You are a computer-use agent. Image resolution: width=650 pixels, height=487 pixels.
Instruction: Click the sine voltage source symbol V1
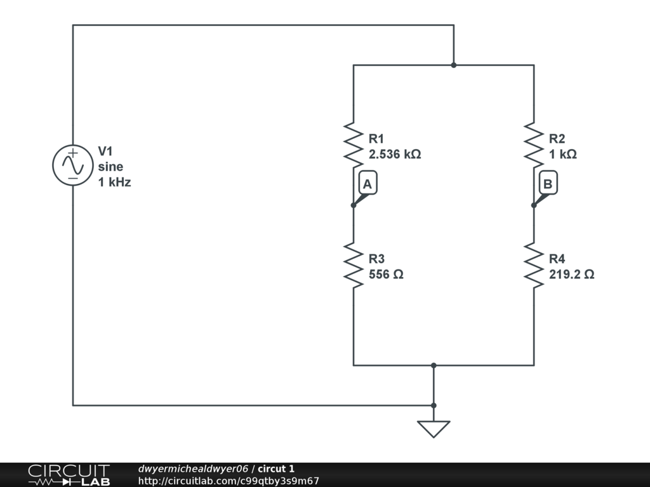click(73, 166)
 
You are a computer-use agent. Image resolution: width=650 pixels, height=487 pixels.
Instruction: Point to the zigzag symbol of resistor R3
click(353, 265)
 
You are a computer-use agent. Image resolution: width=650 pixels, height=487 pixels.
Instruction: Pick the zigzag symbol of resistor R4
click(534, 265)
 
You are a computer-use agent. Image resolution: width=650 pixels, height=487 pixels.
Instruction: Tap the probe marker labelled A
click(368, 183)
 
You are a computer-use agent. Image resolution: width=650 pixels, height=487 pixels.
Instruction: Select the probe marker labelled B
click(548, 183)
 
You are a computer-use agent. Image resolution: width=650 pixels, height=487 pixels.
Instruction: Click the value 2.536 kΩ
click(395, 155)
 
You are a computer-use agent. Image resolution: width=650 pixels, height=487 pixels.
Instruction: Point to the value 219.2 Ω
click(572, 275)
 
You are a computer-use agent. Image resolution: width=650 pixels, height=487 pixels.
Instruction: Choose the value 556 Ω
click(386, 275)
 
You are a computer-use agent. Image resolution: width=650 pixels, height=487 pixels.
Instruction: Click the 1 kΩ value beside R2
click(562, 155)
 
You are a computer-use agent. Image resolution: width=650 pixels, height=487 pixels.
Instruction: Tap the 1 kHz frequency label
click(114, 182)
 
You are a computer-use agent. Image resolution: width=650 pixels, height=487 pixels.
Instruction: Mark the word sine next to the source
click(110, 167)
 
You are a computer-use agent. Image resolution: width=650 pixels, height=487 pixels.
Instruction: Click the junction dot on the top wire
click(453, 65)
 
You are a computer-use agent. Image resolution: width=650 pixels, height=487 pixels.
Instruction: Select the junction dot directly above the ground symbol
click(434, 405)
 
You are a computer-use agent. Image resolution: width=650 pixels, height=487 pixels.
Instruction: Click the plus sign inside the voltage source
click(73, 153)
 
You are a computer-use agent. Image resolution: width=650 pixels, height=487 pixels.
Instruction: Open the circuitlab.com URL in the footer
click(229, 481)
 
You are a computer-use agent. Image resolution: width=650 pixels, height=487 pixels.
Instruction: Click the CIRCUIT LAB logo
click(69, 474)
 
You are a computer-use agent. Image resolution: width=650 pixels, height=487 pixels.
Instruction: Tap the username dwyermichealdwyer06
click(193, 469)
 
